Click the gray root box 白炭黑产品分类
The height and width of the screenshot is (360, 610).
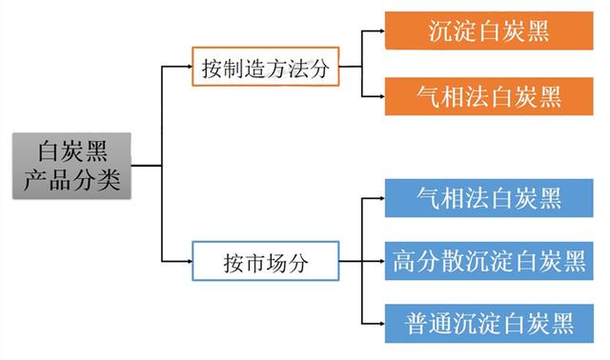pos(71,165)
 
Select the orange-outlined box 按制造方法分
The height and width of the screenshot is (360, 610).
pos(265,69)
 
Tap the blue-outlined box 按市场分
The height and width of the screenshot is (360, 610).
pos(265,260)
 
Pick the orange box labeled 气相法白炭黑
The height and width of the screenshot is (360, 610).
pos(488,96)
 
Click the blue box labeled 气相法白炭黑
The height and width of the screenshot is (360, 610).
pos(488,198)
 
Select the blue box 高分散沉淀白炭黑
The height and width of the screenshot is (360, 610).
pos(488,260)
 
